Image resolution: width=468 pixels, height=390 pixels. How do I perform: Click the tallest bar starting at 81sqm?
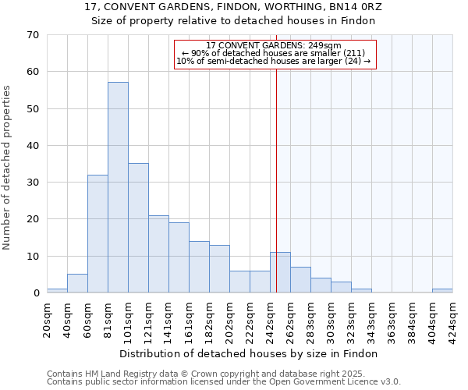pyautogui.click(x=118, y=187)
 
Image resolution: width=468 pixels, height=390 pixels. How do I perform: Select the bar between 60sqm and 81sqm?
pyautogui.click(x=97, y=234)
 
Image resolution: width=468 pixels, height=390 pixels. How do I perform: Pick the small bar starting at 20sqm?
pyautogui.click(x=57, y=291)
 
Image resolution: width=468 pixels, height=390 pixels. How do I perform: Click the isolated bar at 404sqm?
pyautogui.click(x=442, y=291)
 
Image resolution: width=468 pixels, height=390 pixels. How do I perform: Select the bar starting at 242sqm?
pyautogui.click(x=280, y=272)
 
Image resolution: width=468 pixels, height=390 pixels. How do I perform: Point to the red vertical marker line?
pyautogui.click(x=276, y=195)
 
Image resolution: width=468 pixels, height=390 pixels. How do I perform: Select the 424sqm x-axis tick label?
pyautogui.click(x=452, y=320)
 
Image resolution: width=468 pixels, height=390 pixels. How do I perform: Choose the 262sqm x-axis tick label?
pyautogui.click(x=290, y=320)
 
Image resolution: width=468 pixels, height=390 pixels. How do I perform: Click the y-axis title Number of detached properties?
pyautogui.click(x=8, y=168)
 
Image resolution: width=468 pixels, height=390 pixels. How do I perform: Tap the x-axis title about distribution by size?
pyautogui.click(x=249, y=353)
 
